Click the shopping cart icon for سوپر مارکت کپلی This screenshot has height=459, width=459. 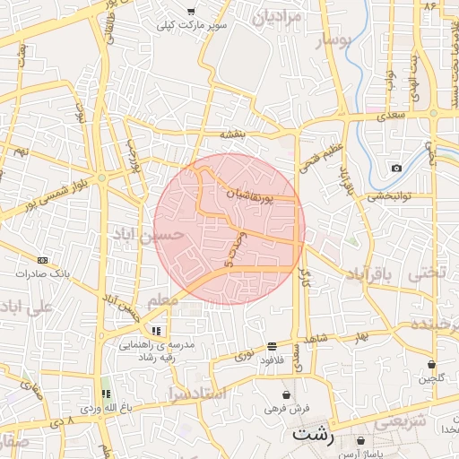pyautogui.click(x=191, y=11)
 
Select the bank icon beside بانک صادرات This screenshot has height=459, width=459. pyautogui.click(x=42, y=260)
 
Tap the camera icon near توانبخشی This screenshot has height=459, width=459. pyautogui.click(x=396, y=168)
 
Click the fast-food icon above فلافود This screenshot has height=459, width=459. pyautogui.click(x=272, y=346)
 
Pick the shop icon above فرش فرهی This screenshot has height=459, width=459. pyautogui.click(x=286, y=394)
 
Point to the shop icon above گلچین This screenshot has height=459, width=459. pyautogui.click(x=432, y=364)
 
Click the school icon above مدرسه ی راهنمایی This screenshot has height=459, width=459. pyautogui.click(x=157, y=331)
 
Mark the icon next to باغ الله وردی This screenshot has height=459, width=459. pyautogui.click(x=107, y=394)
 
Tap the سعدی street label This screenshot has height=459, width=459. pyautogui.click(x=392, y=116)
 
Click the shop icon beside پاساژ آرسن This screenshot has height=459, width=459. pyautogui.click(x=360, y=441)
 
